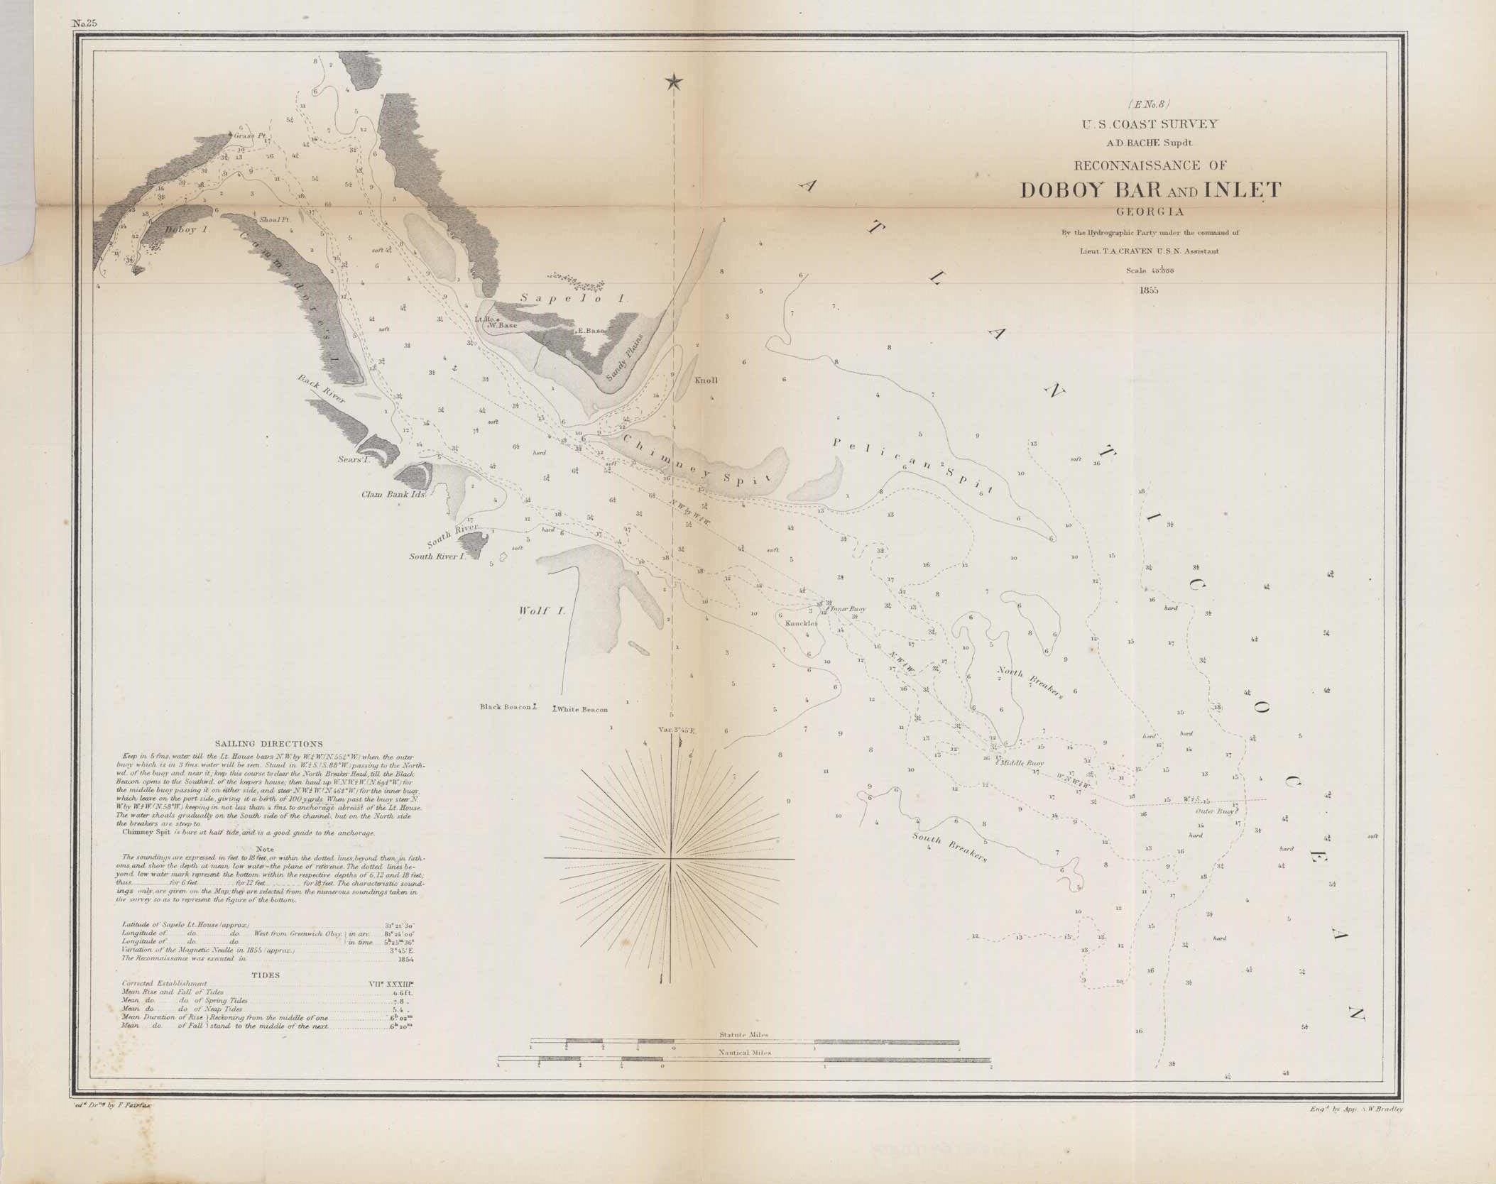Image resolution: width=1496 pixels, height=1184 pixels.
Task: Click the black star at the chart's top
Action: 672,83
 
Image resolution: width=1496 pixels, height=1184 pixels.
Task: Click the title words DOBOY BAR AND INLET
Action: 1150,190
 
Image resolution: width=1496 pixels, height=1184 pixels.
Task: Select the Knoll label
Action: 706,380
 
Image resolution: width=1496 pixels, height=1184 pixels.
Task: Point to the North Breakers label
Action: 1030,684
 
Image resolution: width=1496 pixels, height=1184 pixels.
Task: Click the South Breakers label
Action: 950,846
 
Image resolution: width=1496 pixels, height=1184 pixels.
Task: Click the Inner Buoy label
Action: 848,609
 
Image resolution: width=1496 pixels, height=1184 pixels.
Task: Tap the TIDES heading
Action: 266,975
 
